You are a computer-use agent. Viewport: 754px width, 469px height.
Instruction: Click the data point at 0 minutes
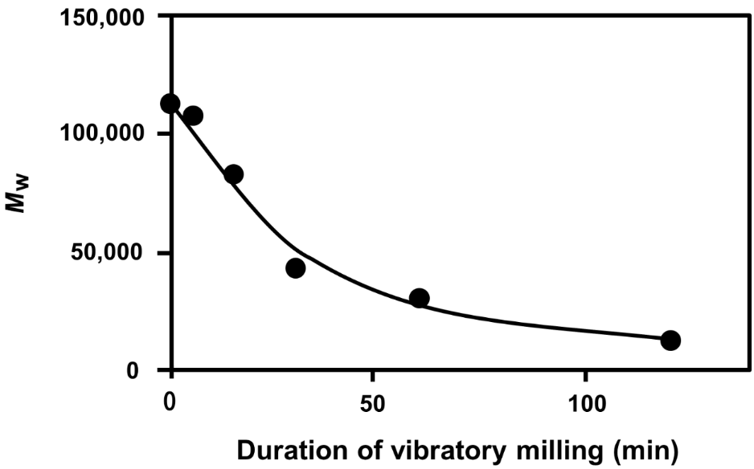click(x=170, y=104)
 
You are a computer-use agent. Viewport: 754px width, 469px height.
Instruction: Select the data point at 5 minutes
click(x=193, y=116)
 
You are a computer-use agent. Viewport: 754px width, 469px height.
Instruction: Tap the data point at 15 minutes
click(x=233, y=174)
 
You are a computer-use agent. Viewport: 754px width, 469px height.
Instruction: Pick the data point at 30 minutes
click(x=295, y=268)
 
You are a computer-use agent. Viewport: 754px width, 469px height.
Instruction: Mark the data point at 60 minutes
click(x=419, y=299)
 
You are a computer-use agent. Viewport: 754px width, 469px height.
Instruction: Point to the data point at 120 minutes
click(x=670, y=341)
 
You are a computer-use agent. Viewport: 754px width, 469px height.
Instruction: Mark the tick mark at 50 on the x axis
click(x=373, y=375)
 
